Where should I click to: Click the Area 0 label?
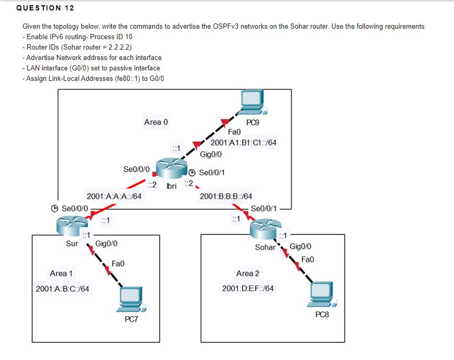tap(156, 122)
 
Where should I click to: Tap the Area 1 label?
tap(61, 273)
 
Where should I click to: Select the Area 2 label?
tap(247, 273)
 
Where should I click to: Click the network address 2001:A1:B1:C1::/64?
tap(243, 142)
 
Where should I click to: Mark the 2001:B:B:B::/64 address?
tap(226, 197)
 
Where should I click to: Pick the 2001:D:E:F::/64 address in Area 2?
tap(247, 289)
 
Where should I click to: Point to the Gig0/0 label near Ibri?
tap(211, 154)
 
